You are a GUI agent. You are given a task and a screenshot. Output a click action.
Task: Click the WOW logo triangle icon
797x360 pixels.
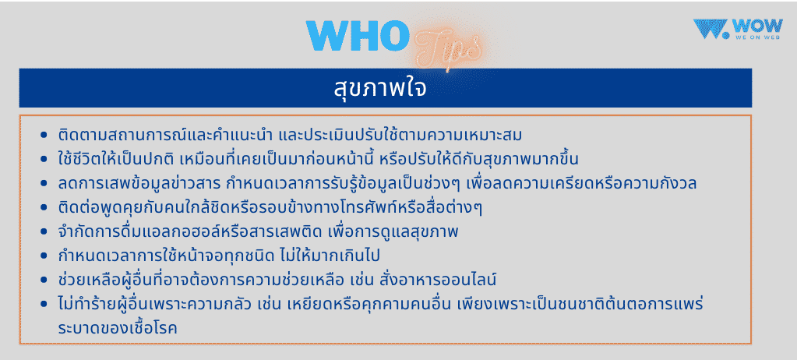tap(709, 29)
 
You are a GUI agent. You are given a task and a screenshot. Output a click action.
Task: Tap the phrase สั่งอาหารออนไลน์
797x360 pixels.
tap(453, 280)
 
